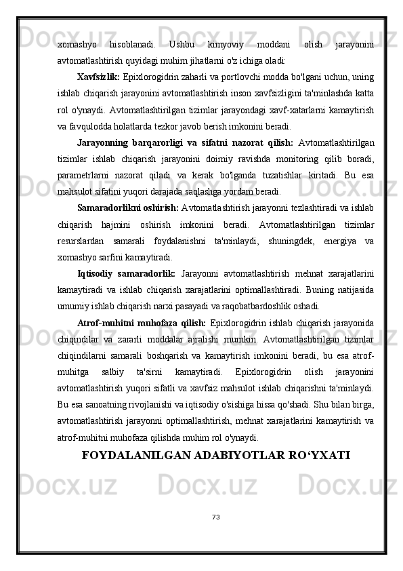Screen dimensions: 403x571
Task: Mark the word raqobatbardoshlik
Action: [x=259, y=305]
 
